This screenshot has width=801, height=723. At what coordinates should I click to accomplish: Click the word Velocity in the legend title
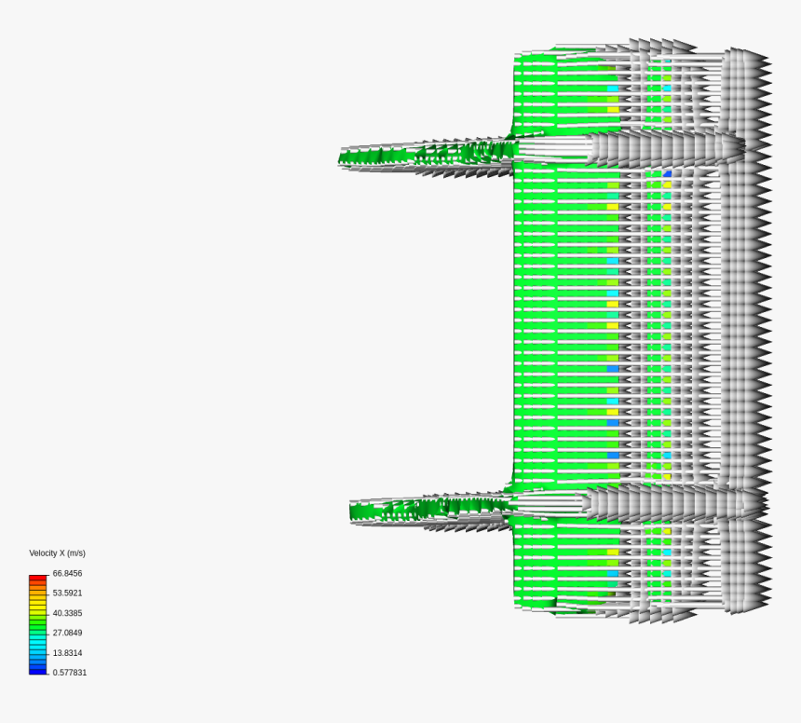coord(41,553)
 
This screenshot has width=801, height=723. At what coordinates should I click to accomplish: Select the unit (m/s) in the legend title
coord(75,553)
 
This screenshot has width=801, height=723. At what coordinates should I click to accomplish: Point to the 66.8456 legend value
coord(67,573)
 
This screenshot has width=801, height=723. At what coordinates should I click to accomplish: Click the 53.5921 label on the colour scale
coord(67,593)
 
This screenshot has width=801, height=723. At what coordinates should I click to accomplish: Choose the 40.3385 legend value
coord(67,613)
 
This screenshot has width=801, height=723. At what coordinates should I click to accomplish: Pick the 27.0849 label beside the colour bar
coord(67,633)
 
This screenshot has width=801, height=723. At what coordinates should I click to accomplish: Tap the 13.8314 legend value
coord(67,653)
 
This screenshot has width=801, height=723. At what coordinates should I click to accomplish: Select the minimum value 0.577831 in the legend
coord(70,673)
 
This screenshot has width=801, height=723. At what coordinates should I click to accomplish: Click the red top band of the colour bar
coord(37,578)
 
